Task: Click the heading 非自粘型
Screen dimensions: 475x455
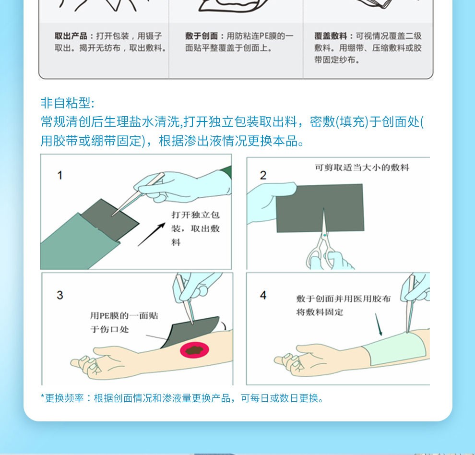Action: (x=68, y=103)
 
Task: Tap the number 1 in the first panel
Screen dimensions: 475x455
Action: (x=59, y=175)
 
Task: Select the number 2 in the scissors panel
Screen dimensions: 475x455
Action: (x=263, y=175)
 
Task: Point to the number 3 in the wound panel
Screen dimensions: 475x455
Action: (x=59, y=295)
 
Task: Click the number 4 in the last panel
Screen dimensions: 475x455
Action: (x=263, y=295)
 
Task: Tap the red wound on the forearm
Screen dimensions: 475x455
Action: (x=194, y=350)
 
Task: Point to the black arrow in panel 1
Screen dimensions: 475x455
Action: (x=151, y=235)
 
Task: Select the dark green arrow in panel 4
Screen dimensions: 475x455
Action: (x=379, y=324)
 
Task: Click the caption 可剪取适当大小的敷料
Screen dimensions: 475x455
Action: (x=362, y=168)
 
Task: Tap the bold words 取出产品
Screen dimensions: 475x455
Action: (x=71, y=36)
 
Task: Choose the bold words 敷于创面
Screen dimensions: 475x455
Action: (x=202, y=36)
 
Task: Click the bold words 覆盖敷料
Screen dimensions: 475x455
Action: (x=331, y=36)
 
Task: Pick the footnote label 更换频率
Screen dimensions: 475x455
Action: (x=64, y=398)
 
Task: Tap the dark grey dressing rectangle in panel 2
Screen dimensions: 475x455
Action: (x=320, y=208)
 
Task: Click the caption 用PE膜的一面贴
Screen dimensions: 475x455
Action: (x=124, y=315)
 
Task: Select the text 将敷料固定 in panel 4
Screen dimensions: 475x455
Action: (x=320, y=312)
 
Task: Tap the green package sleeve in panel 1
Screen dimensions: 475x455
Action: (x=76, y=242)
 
